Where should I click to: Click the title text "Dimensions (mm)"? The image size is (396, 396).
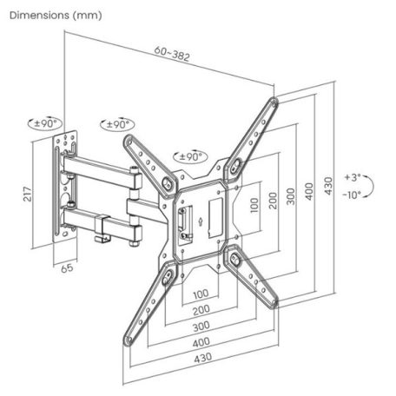click(x=54, y=15)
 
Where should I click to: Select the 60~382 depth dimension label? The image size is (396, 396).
click(x=174, y=56)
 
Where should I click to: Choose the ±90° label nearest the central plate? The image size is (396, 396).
click(x=188, y=156)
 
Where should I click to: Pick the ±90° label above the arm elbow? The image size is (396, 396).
click(x=116, y=125)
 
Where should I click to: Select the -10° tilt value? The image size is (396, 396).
click(x=351, y=195)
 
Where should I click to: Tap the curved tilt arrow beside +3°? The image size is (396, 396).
click(x=371, y=184)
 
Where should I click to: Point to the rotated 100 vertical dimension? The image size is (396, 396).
click(x=254, y=205)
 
